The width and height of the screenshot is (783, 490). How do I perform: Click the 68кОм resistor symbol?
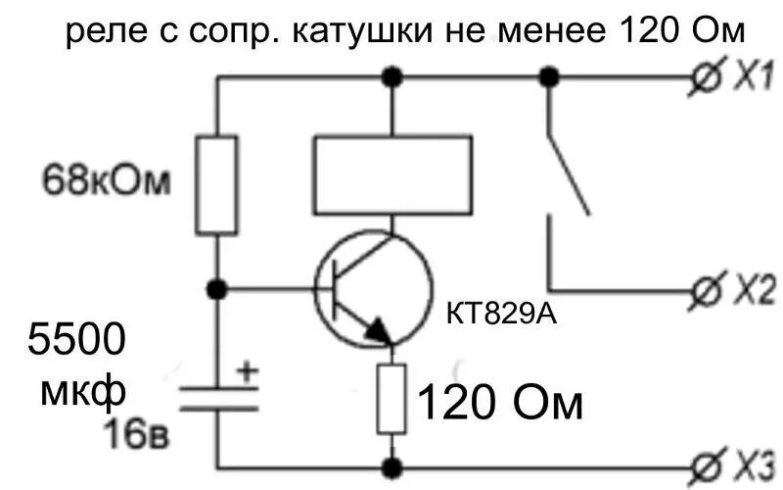216,185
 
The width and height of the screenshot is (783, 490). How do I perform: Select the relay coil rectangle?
391,174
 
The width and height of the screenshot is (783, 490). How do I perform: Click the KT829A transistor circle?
373,288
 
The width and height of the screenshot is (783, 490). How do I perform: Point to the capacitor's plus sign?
247,371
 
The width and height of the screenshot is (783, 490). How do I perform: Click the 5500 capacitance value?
75,342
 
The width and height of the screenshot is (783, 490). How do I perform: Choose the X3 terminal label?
754,461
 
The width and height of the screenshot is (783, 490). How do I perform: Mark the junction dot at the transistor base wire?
217,289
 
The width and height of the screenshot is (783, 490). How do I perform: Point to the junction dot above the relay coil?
391,76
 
